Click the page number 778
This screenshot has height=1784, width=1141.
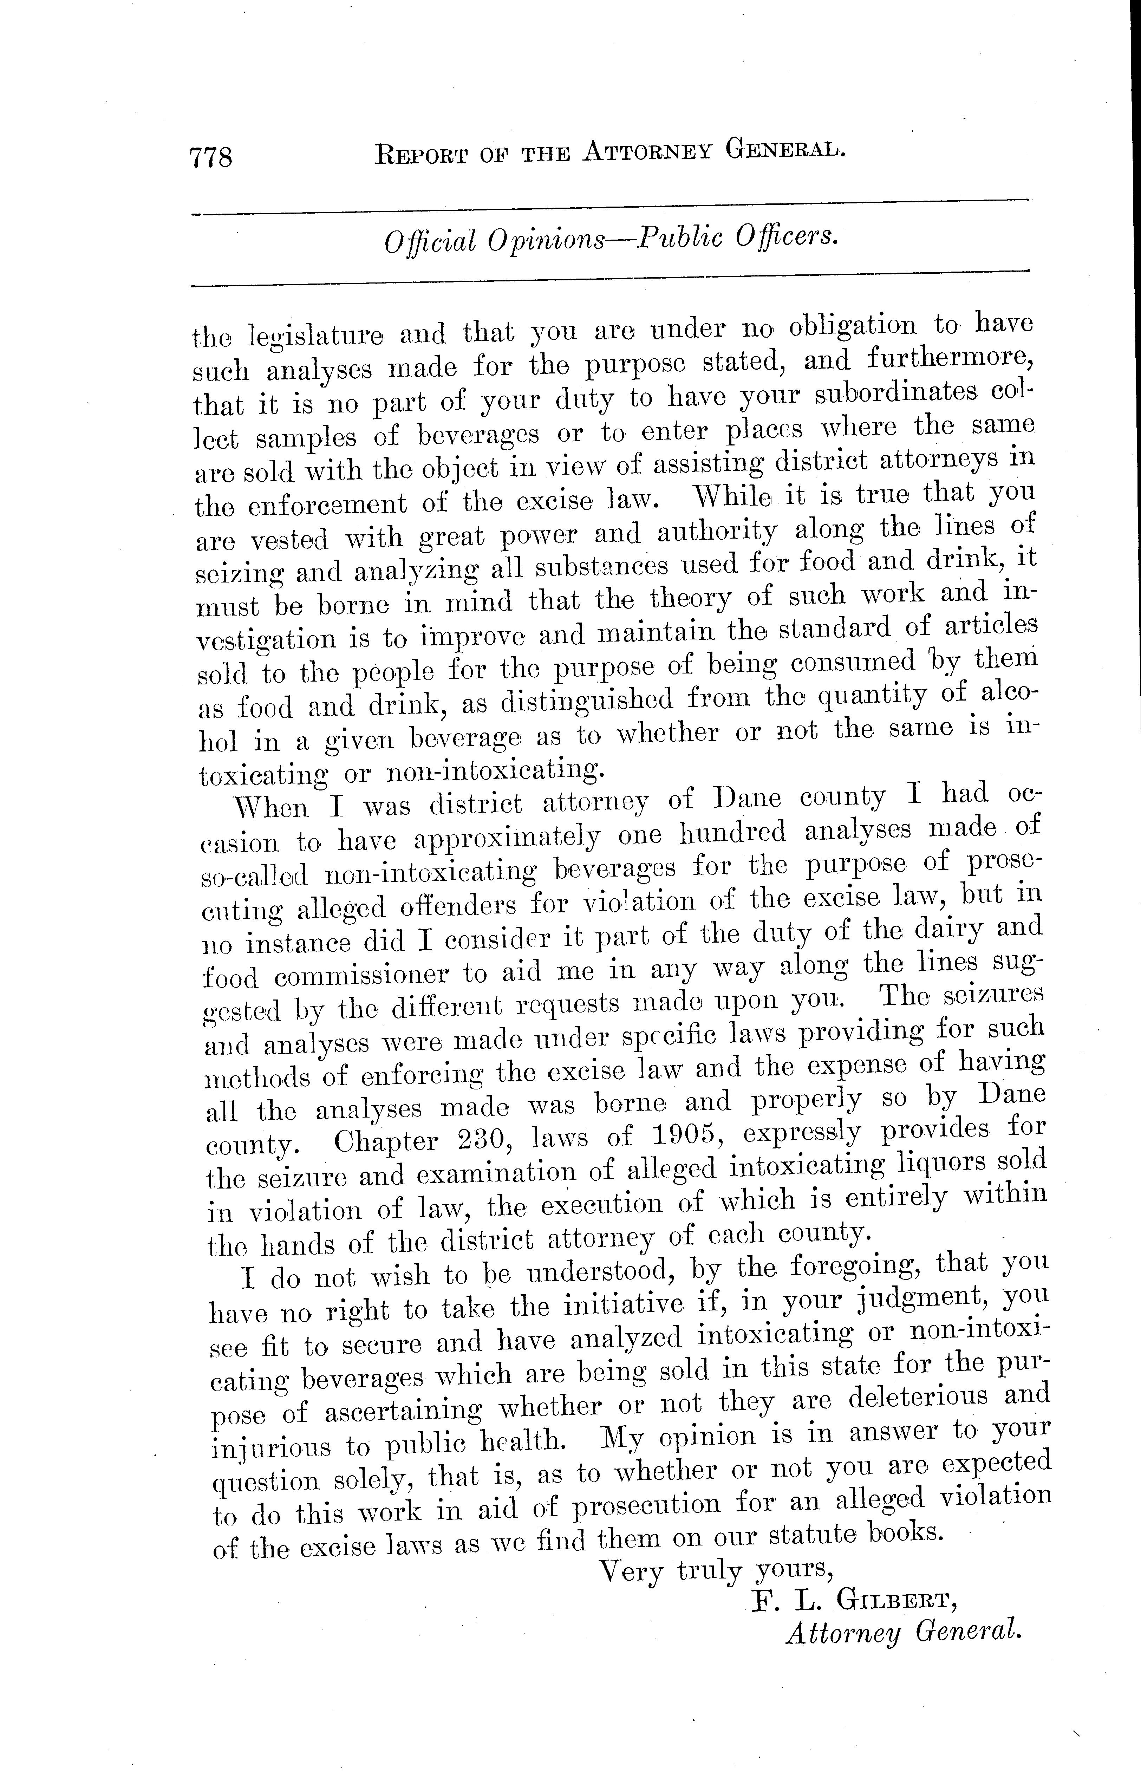pyautogui.click(x=211, y=157)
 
